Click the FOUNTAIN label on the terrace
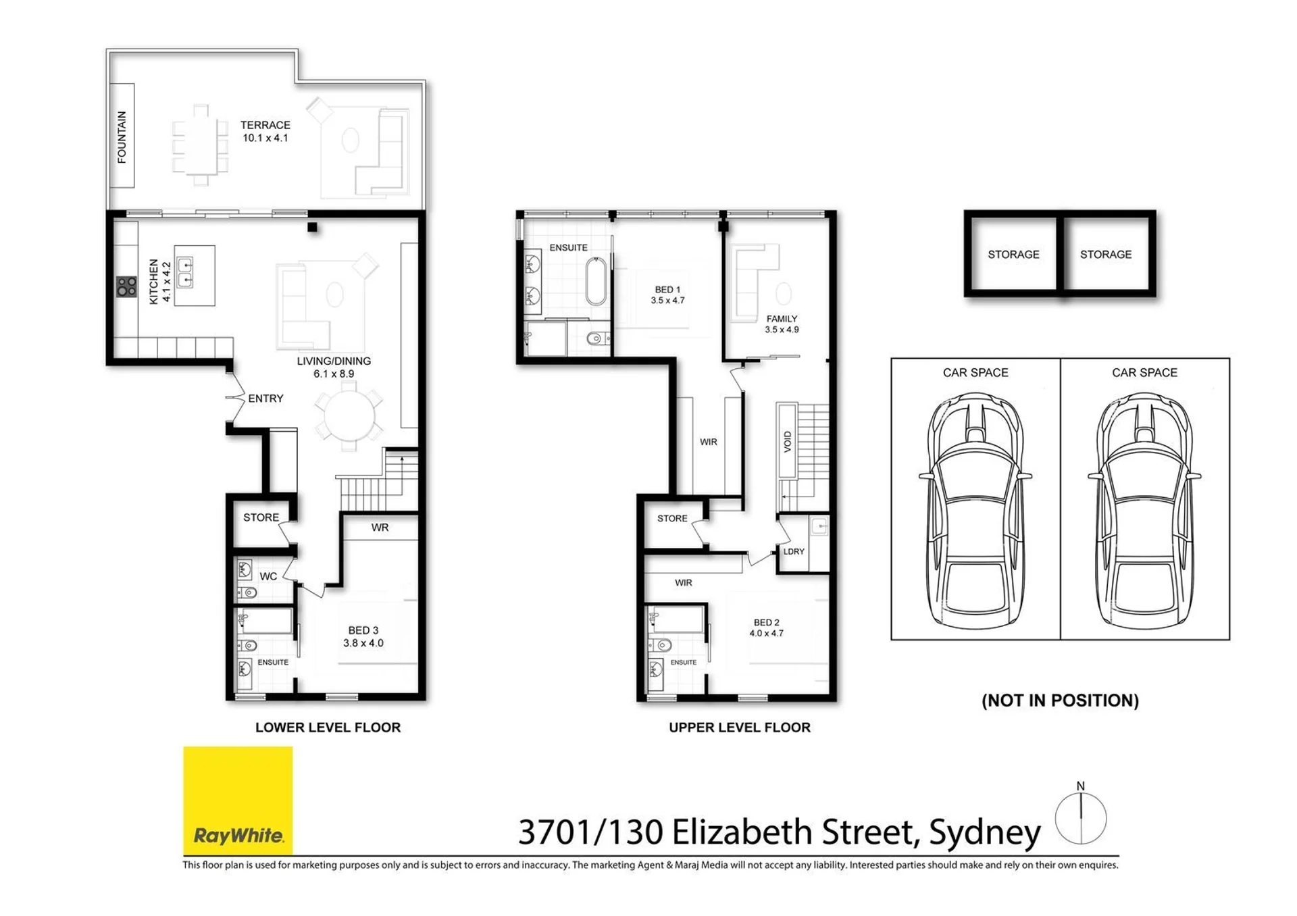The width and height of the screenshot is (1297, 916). (x=122, y=137)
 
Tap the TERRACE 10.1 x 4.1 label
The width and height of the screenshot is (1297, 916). (x=265, y=131)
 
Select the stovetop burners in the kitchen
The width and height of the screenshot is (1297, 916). (x=126, y=286)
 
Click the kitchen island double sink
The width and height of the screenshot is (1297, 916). (x=184, y=272)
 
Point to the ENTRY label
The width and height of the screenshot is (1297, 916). (x=265, y=399)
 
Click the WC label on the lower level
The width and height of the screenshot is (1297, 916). (x=268, y=576)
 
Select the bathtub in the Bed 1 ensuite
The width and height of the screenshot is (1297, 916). (x=596, y=281)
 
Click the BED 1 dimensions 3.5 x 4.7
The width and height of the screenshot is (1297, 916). (x=667, y=301)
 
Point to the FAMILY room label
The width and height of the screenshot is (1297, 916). (x=782, y=319)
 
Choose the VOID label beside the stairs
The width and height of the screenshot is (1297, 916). (x=787, y=441)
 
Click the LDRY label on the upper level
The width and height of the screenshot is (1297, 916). (x=794, y=551)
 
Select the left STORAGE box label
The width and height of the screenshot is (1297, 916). (x=1013, y=255)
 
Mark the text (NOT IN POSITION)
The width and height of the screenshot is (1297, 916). (x=1060, y=701)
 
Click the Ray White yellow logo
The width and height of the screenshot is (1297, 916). (x=238, y=800)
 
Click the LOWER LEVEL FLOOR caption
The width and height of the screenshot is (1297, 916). (x=328, y=728)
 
